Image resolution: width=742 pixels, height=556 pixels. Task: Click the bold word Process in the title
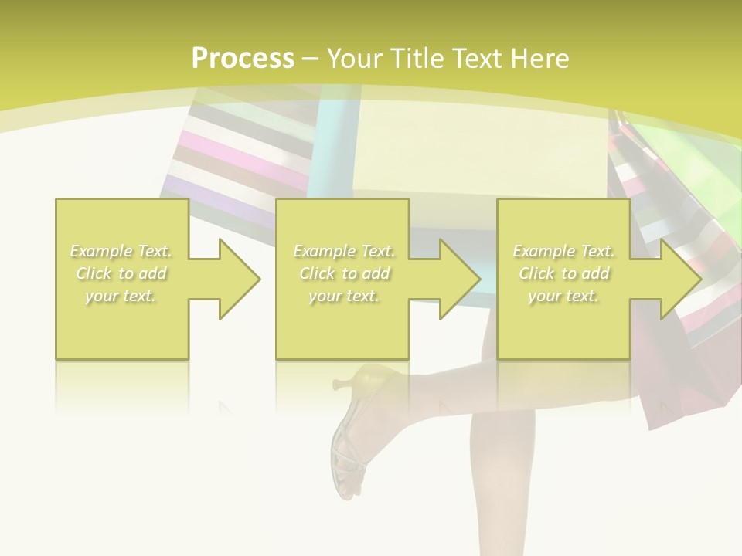(x=243, y=59)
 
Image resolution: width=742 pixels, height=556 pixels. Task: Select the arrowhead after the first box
(x=236, y=279)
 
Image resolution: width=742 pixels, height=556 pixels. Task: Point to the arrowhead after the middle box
(x=457, y=279)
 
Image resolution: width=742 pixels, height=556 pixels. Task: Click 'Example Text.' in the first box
(x=121, y=251)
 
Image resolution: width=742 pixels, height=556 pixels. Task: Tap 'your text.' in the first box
(x=121, y=296)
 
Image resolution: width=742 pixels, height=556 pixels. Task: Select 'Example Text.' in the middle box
(x=344, y=251)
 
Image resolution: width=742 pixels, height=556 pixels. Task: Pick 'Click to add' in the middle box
(x=344, y=273)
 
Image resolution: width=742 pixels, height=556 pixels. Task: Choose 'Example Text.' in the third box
(x=563, y=251)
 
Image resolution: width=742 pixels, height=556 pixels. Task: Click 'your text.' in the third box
(x=563, y=296)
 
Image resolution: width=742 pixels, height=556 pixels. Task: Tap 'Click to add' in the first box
(x=121, y=273)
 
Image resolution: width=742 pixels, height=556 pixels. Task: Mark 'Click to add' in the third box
(x=563, y=273)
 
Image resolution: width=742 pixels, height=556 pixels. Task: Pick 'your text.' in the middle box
(x=344, y=296)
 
